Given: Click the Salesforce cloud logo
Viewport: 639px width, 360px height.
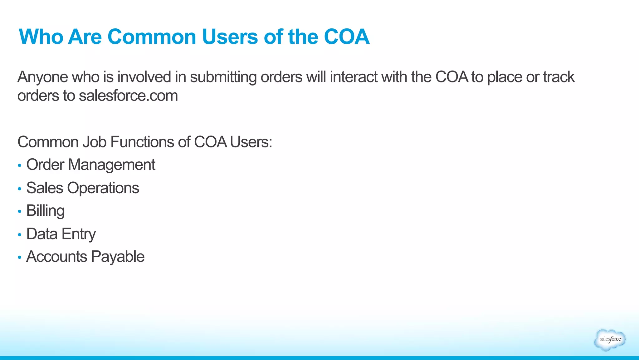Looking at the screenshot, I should tap(610, 339).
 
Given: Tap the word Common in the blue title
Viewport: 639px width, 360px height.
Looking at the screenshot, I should tap(152, 37).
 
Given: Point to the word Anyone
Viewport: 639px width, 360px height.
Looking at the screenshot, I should tap(43, 77).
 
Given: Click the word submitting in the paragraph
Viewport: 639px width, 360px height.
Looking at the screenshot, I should tap(223, 77).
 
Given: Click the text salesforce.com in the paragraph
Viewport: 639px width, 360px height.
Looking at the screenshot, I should tap(128, 96).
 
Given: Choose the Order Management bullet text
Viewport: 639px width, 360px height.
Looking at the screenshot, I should tap(90, 165).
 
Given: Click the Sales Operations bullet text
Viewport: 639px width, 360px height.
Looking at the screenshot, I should tap(83, 188).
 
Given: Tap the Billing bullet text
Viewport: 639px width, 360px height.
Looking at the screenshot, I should tap(46, 211).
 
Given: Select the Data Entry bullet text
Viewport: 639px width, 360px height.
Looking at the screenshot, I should tap(61, 234).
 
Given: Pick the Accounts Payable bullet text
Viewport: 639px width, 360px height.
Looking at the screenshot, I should tap(85, 257).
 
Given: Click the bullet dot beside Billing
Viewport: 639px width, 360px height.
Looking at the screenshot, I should tap(20, 212).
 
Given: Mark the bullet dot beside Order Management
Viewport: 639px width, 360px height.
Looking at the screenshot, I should tap(20, 165).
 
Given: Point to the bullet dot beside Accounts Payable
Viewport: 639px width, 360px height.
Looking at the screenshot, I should tap(20, 258).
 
